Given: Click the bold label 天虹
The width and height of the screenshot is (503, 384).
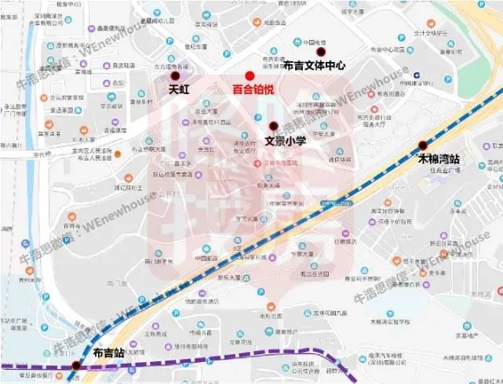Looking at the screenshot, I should pos(180,90).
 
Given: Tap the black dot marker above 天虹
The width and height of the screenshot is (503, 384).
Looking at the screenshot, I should pos(175,77).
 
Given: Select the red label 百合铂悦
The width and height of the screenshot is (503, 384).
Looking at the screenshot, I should pos(253,90).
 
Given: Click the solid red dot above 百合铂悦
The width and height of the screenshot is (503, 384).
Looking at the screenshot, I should pos(250,75).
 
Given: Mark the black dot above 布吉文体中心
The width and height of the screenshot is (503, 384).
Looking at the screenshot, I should pos(319,52).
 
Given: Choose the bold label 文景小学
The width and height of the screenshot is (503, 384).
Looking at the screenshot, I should pos(285,142).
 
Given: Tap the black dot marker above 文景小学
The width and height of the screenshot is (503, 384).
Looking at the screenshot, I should pos(273,126).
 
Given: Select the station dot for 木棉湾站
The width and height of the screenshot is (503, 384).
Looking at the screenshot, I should pos(423,144).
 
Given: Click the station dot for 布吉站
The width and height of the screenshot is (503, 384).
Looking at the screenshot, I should pos(76,366).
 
